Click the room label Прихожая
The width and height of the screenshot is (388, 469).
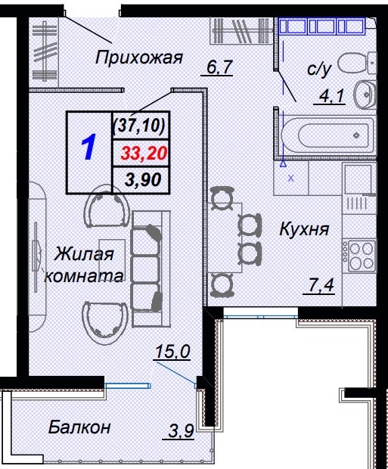click(x=139, y=57)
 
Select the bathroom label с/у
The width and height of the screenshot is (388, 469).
click(x=319, y=70)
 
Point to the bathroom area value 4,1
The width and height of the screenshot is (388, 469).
click(x=329, y=96)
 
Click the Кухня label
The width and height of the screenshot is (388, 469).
click(x=303, y=228)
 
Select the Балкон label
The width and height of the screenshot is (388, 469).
click(x=79, y=427)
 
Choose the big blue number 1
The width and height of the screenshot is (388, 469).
click(x=88, y=148)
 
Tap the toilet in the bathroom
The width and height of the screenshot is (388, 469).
click(x=353, y=63)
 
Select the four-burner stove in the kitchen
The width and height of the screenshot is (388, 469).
click(x=359, y=254)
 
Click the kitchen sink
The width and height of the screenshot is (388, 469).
click(x=357, y=182)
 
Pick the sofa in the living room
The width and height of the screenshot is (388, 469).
click(x=147, y=259)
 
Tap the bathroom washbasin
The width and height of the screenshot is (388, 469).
click(x=365, y=94)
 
